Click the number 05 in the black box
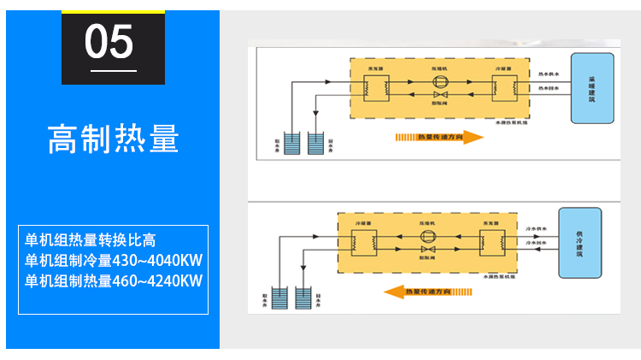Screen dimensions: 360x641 [x=110, y=41]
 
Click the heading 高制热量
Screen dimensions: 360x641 [x=113, y=138]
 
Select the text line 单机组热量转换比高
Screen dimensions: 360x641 [x=91, y=239]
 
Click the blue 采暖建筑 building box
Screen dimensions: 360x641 [x=591, y=88]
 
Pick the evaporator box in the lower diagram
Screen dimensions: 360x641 [x=491, y=242]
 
